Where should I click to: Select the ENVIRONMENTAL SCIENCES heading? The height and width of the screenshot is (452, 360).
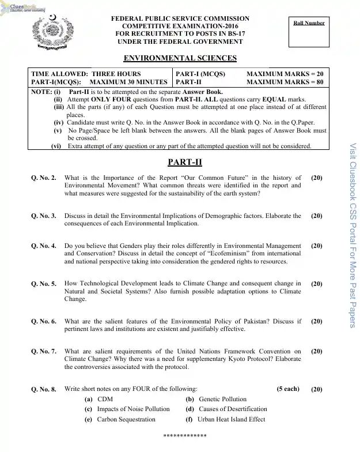(180, 58)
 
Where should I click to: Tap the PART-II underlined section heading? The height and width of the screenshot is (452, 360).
(180, 163)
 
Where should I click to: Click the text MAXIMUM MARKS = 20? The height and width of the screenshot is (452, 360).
(285, 74)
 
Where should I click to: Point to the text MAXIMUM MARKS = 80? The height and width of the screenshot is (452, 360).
(285, 82)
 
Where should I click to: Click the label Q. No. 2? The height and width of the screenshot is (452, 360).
(44, 178)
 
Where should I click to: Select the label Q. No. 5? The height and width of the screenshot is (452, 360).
(44, 284)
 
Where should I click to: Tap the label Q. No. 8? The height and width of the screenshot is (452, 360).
(44, 389)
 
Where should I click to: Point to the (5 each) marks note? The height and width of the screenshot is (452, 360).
(287, 389)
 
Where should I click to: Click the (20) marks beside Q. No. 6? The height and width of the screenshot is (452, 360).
(316, 321)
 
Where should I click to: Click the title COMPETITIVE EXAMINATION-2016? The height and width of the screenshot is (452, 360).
(180, 27)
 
